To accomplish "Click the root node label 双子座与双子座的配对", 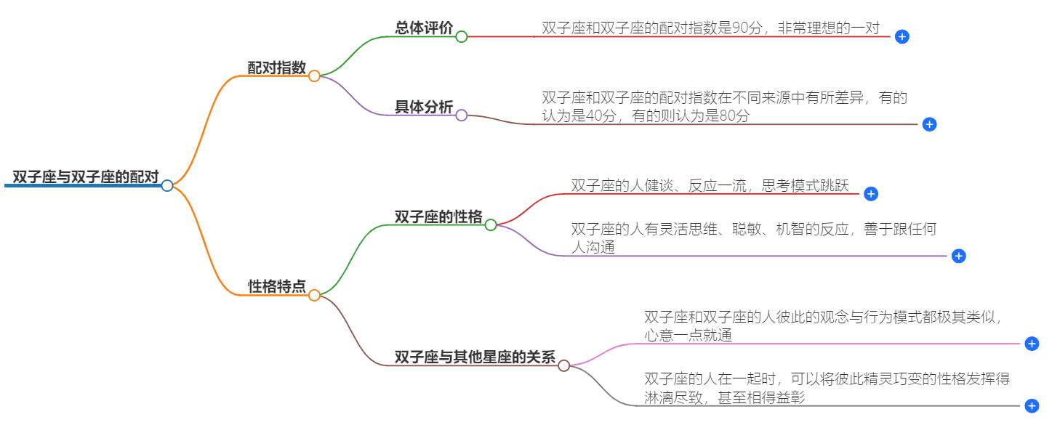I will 85,177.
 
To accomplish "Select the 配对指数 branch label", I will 276,68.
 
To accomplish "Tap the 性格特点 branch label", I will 276,287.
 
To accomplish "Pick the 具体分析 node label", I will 423,108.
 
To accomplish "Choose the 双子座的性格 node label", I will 438,217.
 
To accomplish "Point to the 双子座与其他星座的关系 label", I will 474,357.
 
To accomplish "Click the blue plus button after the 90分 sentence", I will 902,36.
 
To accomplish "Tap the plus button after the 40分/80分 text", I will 928,124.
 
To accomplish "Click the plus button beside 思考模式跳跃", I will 871,194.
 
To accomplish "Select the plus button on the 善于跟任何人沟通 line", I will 958,256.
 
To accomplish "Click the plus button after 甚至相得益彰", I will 1031,405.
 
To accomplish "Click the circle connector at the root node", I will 167,185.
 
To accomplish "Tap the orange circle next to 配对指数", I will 314,76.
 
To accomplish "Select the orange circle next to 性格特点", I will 314,295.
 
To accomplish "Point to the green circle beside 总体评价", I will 461,36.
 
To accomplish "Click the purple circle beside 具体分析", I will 461,116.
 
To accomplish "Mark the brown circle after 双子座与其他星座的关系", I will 563,365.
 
